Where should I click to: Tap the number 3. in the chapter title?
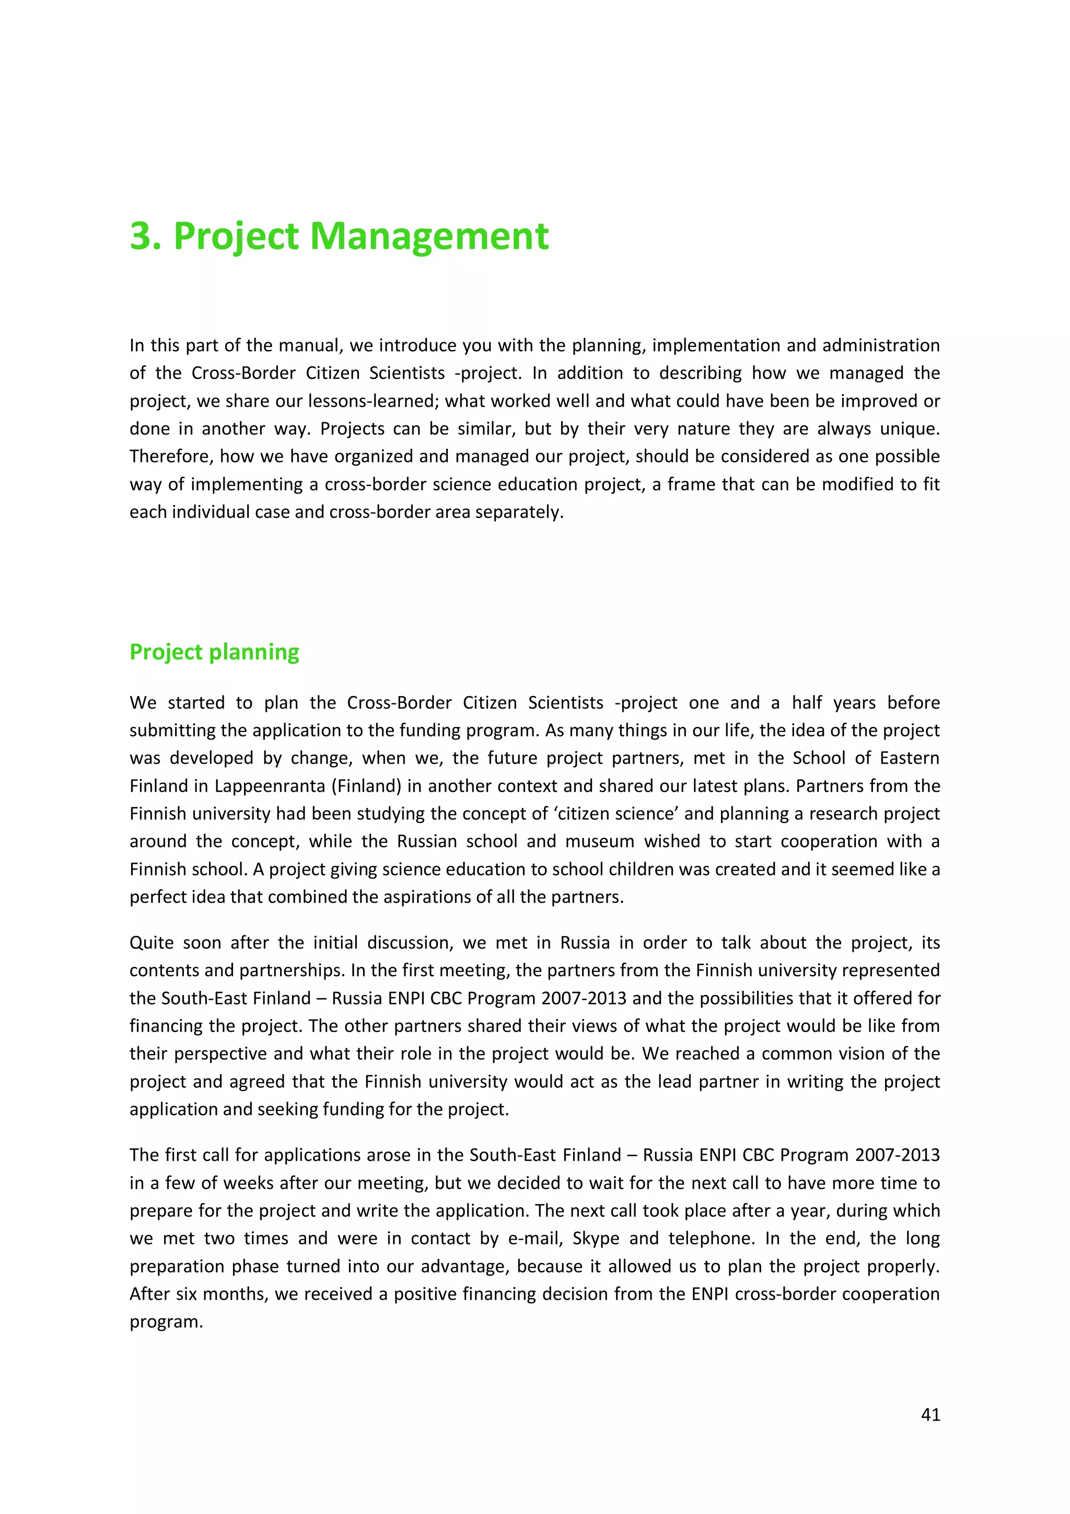tap(146, 236)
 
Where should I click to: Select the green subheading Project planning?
tap(214, 652)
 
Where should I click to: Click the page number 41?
tap(930, 1414)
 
